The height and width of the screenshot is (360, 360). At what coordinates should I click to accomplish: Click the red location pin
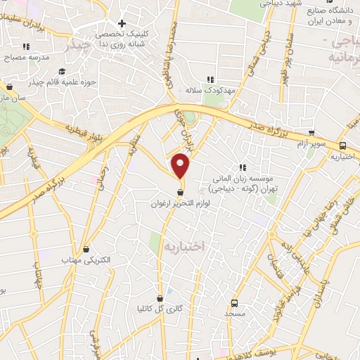coord(181,166)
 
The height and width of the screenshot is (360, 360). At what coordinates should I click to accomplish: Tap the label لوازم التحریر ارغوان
coord(180,203)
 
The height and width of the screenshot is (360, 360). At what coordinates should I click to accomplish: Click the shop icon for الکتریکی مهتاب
coord(86,249)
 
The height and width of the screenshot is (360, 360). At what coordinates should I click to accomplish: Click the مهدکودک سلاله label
coord(209,91)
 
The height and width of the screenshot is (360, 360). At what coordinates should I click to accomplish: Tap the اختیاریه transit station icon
coord(342,146)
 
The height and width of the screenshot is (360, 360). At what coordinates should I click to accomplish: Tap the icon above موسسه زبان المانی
coord(243,167)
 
